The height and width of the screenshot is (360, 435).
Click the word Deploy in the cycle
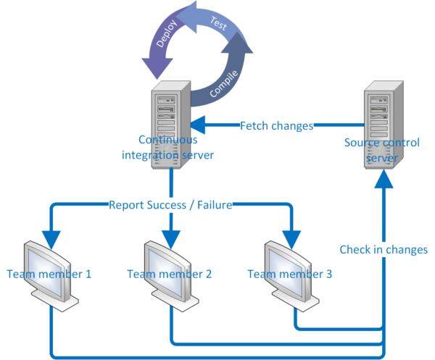(164, 52)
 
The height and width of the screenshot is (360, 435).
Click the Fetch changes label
(276, 126)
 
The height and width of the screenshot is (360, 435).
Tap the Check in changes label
(384, 250)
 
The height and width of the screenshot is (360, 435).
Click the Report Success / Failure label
(170, 205)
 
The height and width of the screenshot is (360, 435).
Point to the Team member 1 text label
(49, 274)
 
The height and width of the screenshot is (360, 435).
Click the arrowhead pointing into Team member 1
(50, 238)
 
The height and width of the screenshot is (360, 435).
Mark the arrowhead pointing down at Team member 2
(170, 238)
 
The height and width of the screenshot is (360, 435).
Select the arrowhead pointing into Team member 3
(291, 238)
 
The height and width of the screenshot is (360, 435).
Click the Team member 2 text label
(169, 274)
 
